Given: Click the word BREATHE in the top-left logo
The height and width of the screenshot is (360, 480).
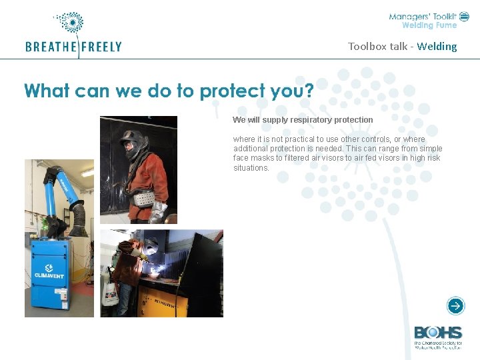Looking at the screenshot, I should click(51, 47).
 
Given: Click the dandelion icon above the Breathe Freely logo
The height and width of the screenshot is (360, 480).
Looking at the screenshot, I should click(71, 23).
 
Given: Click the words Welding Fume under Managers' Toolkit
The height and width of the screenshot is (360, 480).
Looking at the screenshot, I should click(429, 25).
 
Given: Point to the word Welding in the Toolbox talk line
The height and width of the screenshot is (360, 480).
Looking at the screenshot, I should click(437, 46).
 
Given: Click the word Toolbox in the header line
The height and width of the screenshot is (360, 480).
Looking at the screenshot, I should click(367, 46).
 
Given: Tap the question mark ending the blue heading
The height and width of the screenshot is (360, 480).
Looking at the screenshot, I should click(308, 91).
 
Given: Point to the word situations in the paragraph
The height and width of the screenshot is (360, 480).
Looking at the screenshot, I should click(251, 168).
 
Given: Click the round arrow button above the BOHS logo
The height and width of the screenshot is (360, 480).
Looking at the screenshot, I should click(455, 306).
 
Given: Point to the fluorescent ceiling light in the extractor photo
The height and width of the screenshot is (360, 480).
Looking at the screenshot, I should click(87, 173).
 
